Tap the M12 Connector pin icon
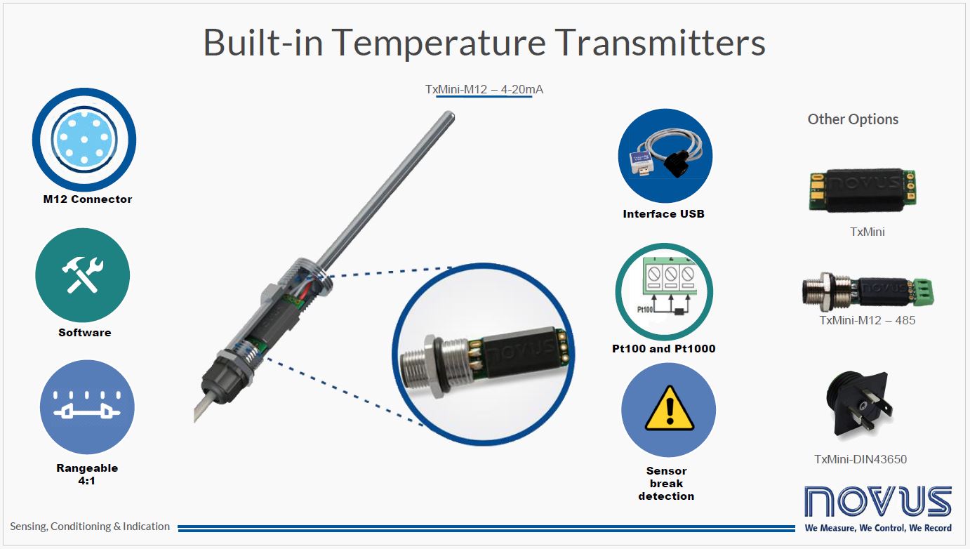tap(84, 140)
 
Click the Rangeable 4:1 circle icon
tap(87, 407)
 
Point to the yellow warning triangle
tap(669, 409)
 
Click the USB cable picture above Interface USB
tap(665, 156)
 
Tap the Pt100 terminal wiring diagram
tap(664, 291)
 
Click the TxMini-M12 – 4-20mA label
tap(484, 89)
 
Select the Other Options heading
tap(853, 119)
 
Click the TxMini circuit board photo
tap(863, 190)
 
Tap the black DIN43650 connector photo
tap(859, 405)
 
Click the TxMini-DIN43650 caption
tap(861, 459)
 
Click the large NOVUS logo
tap(878, 501)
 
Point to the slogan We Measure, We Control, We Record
tap(878, 528)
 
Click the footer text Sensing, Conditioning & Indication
tap(90, 527)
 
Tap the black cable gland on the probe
tap(225, 378)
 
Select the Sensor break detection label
tap(666, 483)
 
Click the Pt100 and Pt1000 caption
tap(663, 348)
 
